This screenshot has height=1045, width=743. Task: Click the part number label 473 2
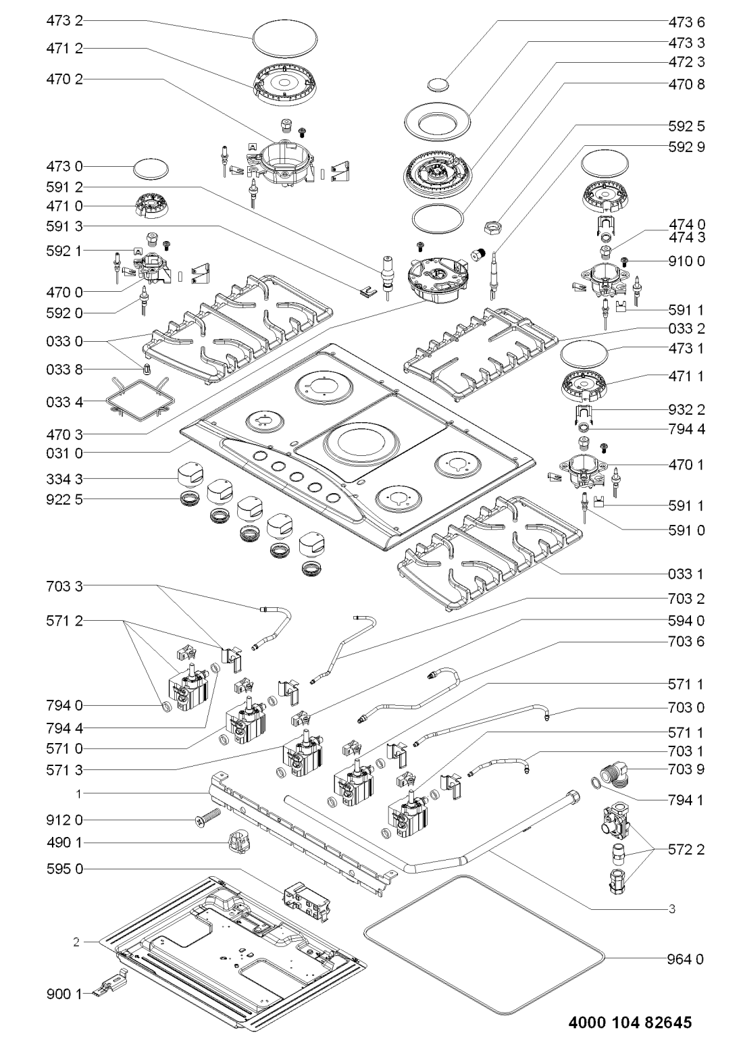[65, 22]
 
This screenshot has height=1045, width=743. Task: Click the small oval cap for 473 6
[439, 83]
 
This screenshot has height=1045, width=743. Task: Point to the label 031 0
[65, 451]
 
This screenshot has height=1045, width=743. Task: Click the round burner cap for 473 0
[150, 168]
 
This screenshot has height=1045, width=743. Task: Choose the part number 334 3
[65, 479]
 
